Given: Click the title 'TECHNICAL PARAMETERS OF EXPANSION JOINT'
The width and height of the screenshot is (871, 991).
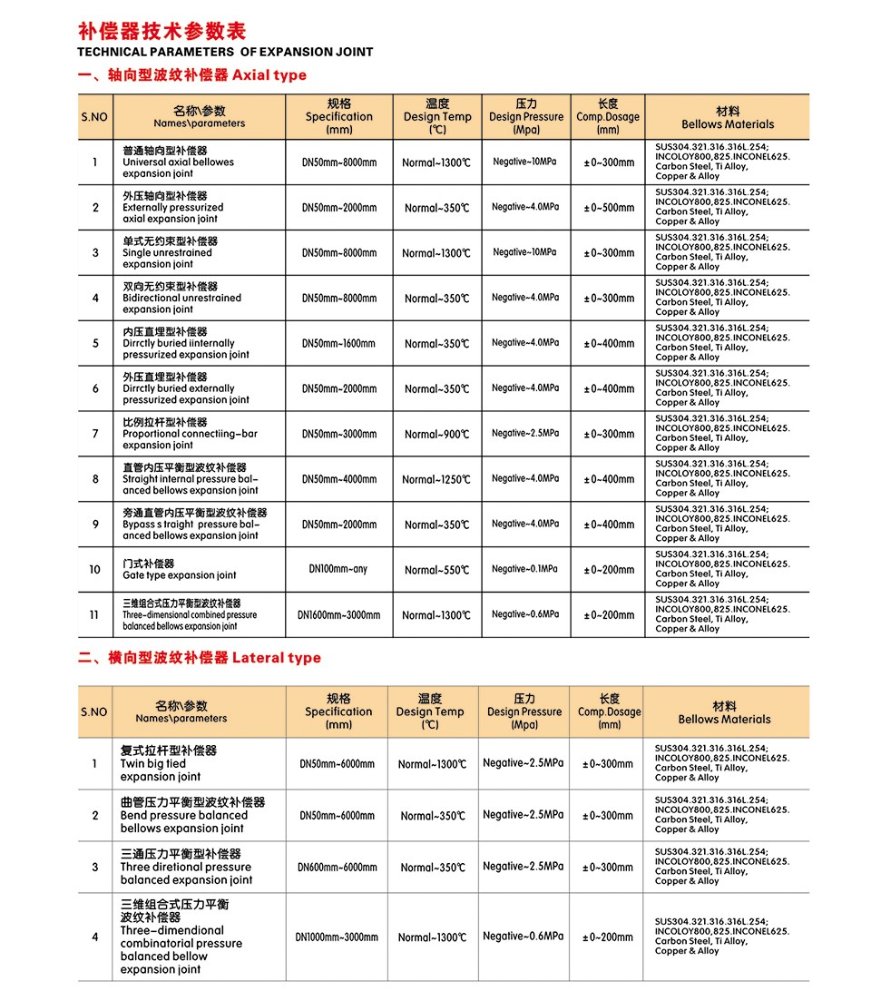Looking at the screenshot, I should coord(226,53).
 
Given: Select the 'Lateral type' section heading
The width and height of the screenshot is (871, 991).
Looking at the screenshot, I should coord(276,658).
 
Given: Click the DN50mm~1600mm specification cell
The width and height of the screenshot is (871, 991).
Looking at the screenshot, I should coord(338,344).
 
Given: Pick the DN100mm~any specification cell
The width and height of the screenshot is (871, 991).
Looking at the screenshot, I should coord(338,570).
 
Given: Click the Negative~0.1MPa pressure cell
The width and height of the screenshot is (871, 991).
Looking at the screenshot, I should coord(525,570).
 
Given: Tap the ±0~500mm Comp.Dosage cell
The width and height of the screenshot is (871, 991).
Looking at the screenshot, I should coord(609,208).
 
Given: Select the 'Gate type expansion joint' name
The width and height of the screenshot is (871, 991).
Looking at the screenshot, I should coord(180,575).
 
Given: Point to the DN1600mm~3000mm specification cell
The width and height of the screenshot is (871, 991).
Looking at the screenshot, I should coord(338,615).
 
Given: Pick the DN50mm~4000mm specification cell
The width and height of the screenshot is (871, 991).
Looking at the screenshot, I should coord(338,480).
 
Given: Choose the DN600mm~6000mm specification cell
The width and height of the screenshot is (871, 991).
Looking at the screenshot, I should coord(338,868).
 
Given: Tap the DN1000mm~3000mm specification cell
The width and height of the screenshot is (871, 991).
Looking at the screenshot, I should coord(338,937).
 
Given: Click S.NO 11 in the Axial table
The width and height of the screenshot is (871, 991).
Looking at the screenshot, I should coord(94,615).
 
